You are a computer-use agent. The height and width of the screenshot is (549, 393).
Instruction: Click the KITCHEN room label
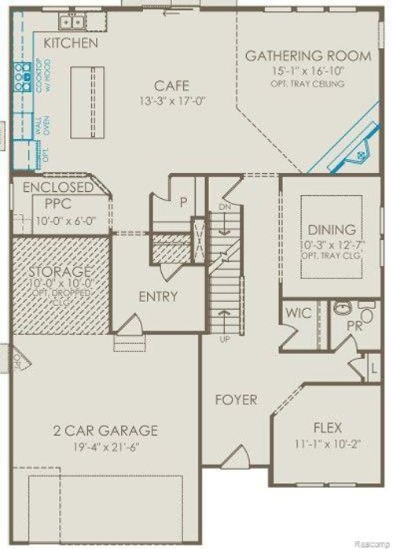coord(71,42)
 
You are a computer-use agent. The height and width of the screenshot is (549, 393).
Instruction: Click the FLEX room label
coord(327,430)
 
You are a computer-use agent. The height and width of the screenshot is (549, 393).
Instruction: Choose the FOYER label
coord(236,400)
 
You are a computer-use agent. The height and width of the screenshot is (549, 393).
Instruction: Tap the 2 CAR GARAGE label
coord(105,430)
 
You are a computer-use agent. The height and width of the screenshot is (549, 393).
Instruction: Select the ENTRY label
coord(159,297)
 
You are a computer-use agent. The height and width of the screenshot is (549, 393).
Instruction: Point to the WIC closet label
coord(299,313)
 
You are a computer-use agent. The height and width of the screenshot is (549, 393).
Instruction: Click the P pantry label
coord(182,201)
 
